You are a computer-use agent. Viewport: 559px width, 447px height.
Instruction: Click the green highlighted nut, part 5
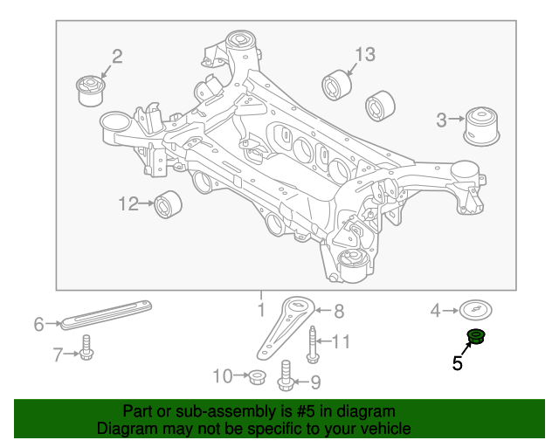coord(476,337)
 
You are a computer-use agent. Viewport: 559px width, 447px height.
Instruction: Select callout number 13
coord(365,54)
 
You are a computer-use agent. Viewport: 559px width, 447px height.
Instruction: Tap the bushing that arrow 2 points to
coord(91,91)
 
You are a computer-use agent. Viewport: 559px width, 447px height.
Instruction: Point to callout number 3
coord(441,120)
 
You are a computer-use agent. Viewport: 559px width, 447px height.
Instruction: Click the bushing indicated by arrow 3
coord(481,126)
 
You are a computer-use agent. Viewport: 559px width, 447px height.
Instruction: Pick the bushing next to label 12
coord(168,204)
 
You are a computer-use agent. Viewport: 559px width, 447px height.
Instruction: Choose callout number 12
coord(128,204)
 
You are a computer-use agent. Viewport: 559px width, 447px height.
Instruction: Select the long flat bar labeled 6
coord(107,315)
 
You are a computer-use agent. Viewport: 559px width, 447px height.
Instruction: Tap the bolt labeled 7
coord(86,347)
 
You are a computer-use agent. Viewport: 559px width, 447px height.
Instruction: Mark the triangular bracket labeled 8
coord(286,328)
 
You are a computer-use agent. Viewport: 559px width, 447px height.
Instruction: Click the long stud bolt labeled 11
coord(313,344)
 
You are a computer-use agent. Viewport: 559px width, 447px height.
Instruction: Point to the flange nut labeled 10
coord(256,377)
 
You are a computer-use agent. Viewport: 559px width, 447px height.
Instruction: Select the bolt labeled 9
coord(286,375)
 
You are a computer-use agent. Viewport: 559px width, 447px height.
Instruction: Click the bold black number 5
coord(458,363)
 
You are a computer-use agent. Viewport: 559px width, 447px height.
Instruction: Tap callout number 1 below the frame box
coord(261,310)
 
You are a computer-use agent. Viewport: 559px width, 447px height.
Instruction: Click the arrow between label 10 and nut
coord(241,375)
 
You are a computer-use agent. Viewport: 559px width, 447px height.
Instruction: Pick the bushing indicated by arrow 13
coord(337,86)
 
